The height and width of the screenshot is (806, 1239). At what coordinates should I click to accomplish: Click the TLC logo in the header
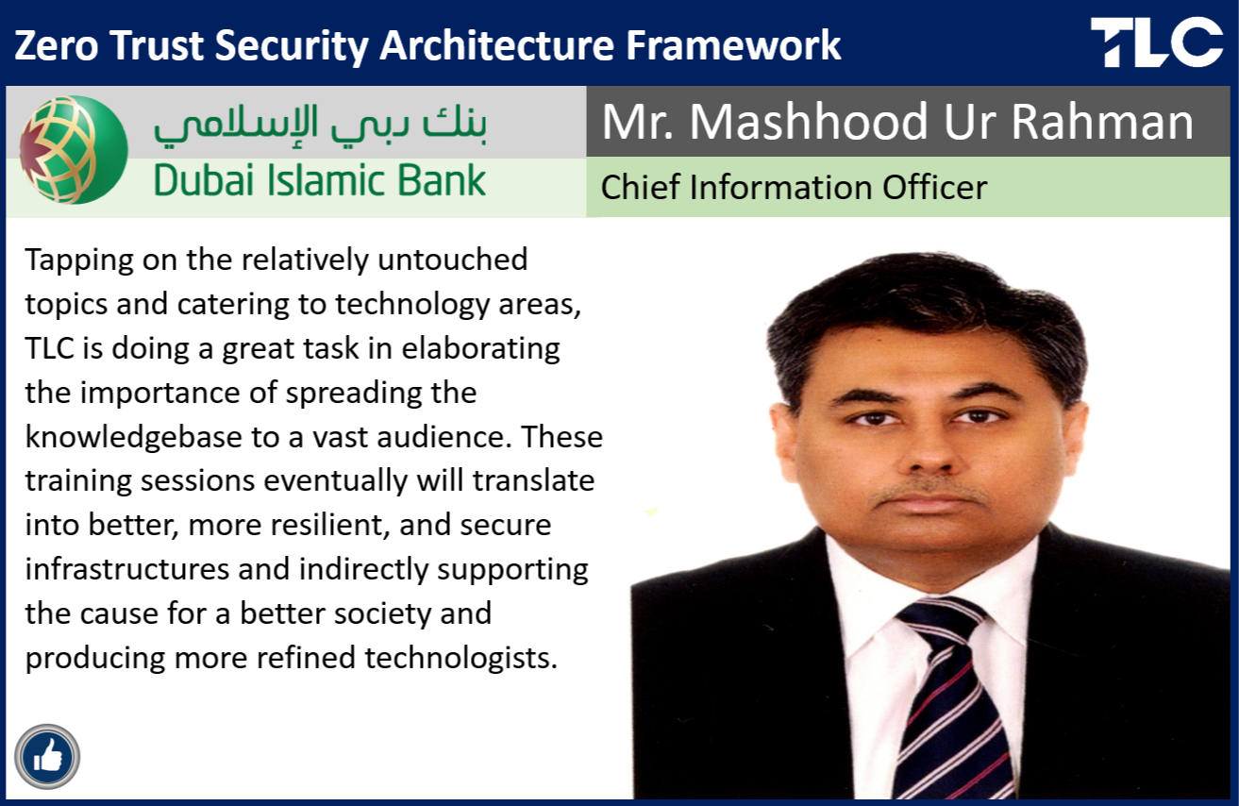point(1157,42)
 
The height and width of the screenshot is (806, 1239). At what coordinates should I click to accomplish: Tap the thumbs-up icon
point(47,756)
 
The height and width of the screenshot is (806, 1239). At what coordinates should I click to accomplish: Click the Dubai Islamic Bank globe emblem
point(74,150)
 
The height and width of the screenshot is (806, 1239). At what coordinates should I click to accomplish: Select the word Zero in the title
point(56,45)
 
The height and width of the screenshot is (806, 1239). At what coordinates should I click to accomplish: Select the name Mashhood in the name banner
point(808,122)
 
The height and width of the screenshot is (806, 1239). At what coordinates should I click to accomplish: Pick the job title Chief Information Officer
point(794,188)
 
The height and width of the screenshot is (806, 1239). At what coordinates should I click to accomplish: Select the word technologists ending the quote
point(460,660)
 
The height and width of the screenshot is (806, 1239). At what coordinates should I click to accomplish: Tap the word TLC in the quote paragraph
point(49,348)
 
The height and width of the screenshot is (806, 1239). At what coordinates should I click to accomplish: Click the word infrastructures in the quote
point(127,569)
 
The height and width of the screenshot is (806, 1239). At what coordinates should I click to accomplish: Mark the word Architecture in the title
point(496,45)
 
